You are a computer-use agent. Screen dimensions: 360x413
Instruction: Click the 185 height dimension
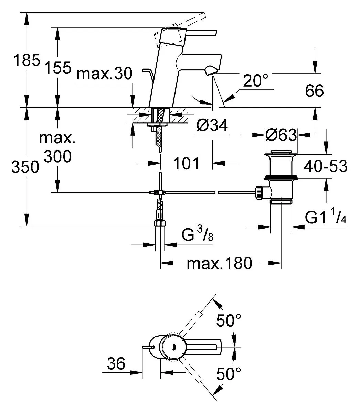click(x=27, y=60)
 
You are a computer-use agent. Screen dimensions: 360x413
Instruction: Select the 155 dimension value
click(x=58, y=67)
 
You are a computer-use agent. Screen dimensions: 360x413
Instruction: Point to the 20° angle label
click(x=256, y=81)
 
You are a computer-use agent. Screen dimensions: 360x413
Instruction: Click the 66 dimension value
click(x=314, y=91)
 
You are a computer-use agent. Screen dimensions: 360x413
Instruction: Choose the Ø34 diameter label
click(x=212, y=125)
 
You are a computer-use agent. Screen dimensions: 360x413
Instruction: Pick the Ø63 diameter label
click(x=281, y=135)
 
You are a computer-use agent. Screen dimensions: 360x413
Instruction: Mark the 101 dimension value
click(x=186, y=163)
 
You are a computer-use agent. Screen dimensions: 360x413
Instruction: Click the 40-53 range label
click(x=326, y=166)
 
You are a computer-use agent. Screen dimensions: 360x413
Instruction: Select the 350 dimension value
click(x=25, y=167)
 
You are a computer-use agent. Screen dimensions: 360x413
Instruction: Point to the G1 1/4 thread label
click(x=326, y=217)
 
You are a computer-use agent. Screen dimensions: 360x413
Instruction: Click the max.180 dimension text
click(x=220, y=263)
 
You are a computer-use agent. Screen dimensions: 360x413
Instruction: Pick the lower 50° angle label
click(x=229, y=374)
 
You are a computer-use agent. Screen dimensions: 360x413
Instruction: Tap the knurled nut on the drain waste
click(x=259, y=193)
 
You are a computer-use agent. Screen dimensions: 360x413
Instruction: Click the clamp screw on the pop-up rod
click(x=156, y=192)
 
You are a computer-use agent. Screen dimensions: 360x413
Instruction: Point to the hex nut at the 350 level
click(x=160, y=223)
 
